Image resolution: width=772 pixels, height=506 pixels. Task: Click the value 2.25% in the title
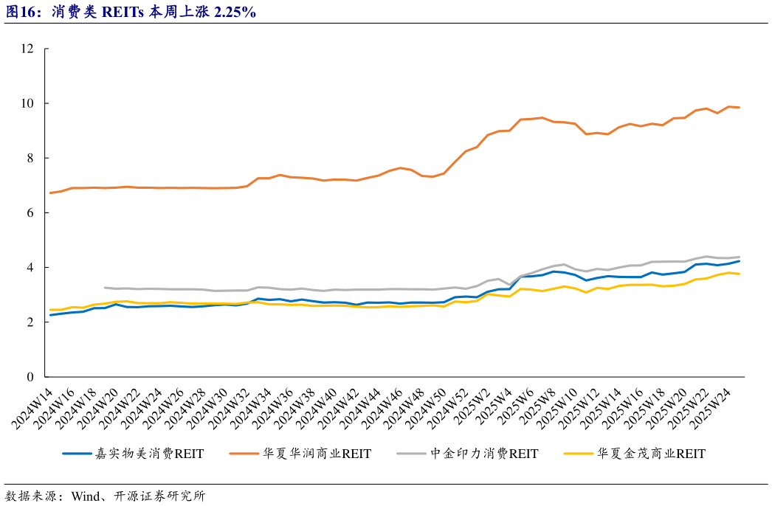pyautogui.click(x=234, y=11)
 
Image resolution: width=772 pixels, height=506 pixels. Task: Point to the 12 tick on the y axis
pyautogui.click(x=28, y=49)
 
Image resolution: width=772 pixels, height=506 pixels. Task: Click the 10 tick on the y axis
pyautogui.click(x=28, y=103)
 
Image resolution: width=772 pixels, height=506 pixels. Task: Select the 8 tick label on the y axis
pyautogui.click(x=30, y=158)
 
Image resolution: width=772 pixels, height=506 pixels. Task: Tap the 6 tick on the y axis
pyautogui.click(x=30, y=212)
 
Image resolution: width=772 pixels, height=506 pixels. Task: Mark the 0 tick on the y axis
pyautogui.click(x=30, y=377)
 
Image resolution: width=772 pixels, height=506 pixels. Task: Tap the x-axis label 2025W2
pyautogui.click(x=476, y=402)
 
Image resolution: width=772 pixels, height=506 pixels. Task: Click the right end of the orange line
pyautogui.click(x=740, y=108)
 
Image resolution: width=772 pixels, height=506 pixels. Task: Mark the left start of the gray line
pyautogui.click(x=105, y=288)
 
